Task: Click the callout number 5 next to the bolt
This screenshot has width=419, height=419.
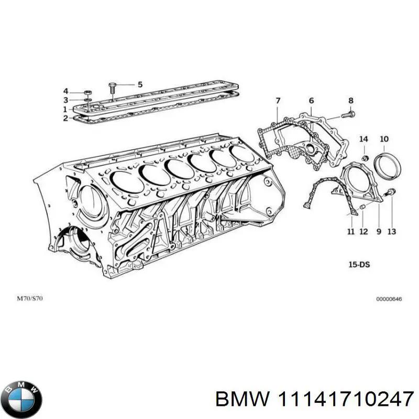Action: click(x=140, y=84)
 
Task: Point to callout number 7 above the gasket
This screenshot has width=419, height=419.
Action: click(x=278, y=101)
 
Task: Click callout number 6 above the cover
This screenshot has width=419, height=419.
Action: click(x=311, y=101)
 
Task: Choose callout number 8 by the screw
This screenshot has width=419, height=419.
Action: click(x=351, y=101)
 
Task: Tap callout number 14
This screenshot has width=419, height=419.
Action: click(x=363, y=139)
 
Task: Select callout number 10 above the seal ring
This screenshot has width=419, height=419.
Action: click(x=384, y=139)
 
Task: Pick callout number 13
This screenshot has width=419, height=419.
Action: click(x=392, y=231)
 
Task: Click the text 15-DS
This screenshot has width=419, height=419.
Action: click(x=359, y=265)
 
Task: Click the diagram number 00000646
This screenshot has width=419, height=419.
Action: click(x=388, y=299)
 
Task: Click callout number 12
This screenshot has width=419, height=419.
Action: click(x=364, y=231)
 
